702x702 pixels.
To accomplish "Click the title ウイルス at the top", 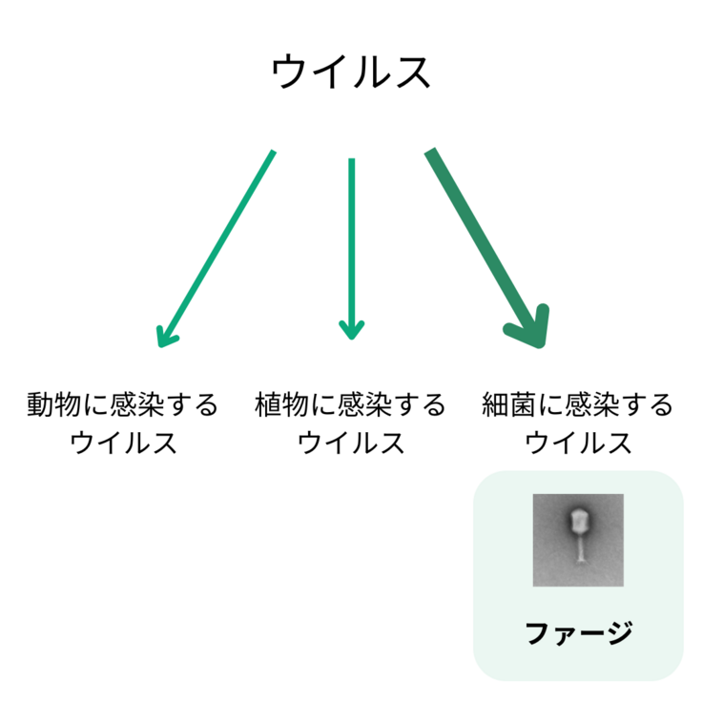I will tap(351, 72).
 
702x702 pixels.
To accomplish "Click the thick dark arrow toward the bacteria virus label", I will tap(482, 238).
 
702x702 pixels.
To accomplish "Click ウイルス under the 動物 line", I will tap(123, 444).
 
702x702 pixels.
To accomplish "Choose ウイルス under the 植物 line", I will tap(351, 444).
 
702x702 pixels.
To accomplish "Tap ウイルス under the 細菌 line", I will tap(579, 444).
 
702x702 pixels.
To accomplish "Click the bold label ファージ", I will tap(579, 632).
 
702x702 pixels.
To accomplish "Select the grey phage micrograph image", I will tap(578, 540).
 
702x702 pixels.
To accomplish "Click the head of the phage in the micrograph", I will tap(579, 521).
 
